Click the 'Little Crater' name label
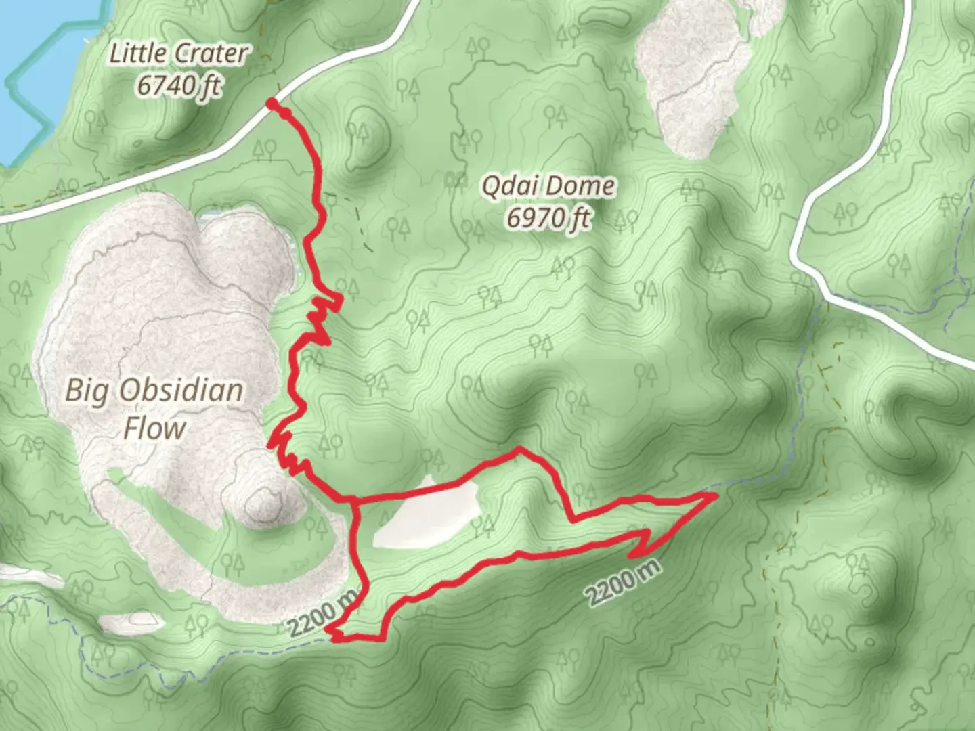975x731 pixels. point(178,53)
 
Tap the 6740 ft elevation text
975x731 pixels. point(178,86)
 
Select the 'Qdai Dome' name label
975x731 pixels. point(548,185)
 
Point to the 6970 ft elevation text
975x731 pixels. point(548,218)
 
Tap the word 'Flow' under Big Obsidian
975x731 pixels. point(154,428)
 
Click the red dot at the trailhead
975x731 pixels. point(272,104)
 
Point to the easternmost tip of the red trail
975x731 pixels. point(715,496)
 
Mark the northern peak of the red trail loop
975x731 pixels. point(519,448)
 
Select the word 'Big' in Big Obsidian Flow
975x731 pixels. point(85,391)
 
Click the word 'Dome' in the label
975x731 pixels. point(582,185)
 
